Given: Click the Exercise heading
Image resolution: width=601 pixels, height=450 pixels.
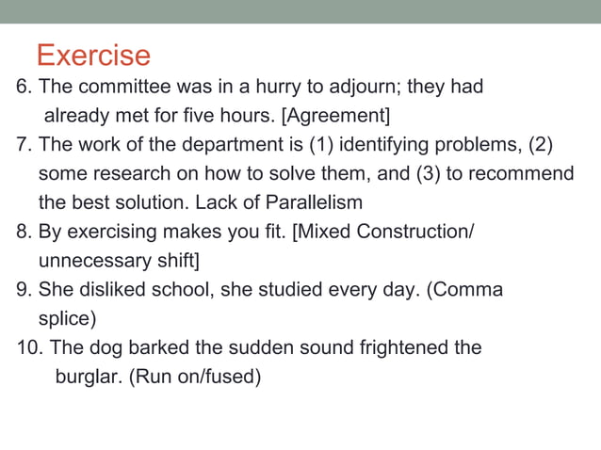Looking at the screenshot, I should point(93,55).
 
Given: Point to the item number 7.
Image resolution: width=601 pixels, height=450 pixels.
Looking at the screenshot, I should point(24,146).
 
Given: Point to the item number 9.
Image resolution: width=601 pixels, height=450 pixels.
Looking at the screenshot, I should point(24,290).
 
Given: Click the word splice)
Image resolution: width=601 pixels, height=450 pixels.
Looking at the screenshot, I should point(67,318).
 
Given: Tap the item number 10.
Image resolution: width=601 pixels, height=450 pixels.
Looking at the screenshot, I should point(29,347).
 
